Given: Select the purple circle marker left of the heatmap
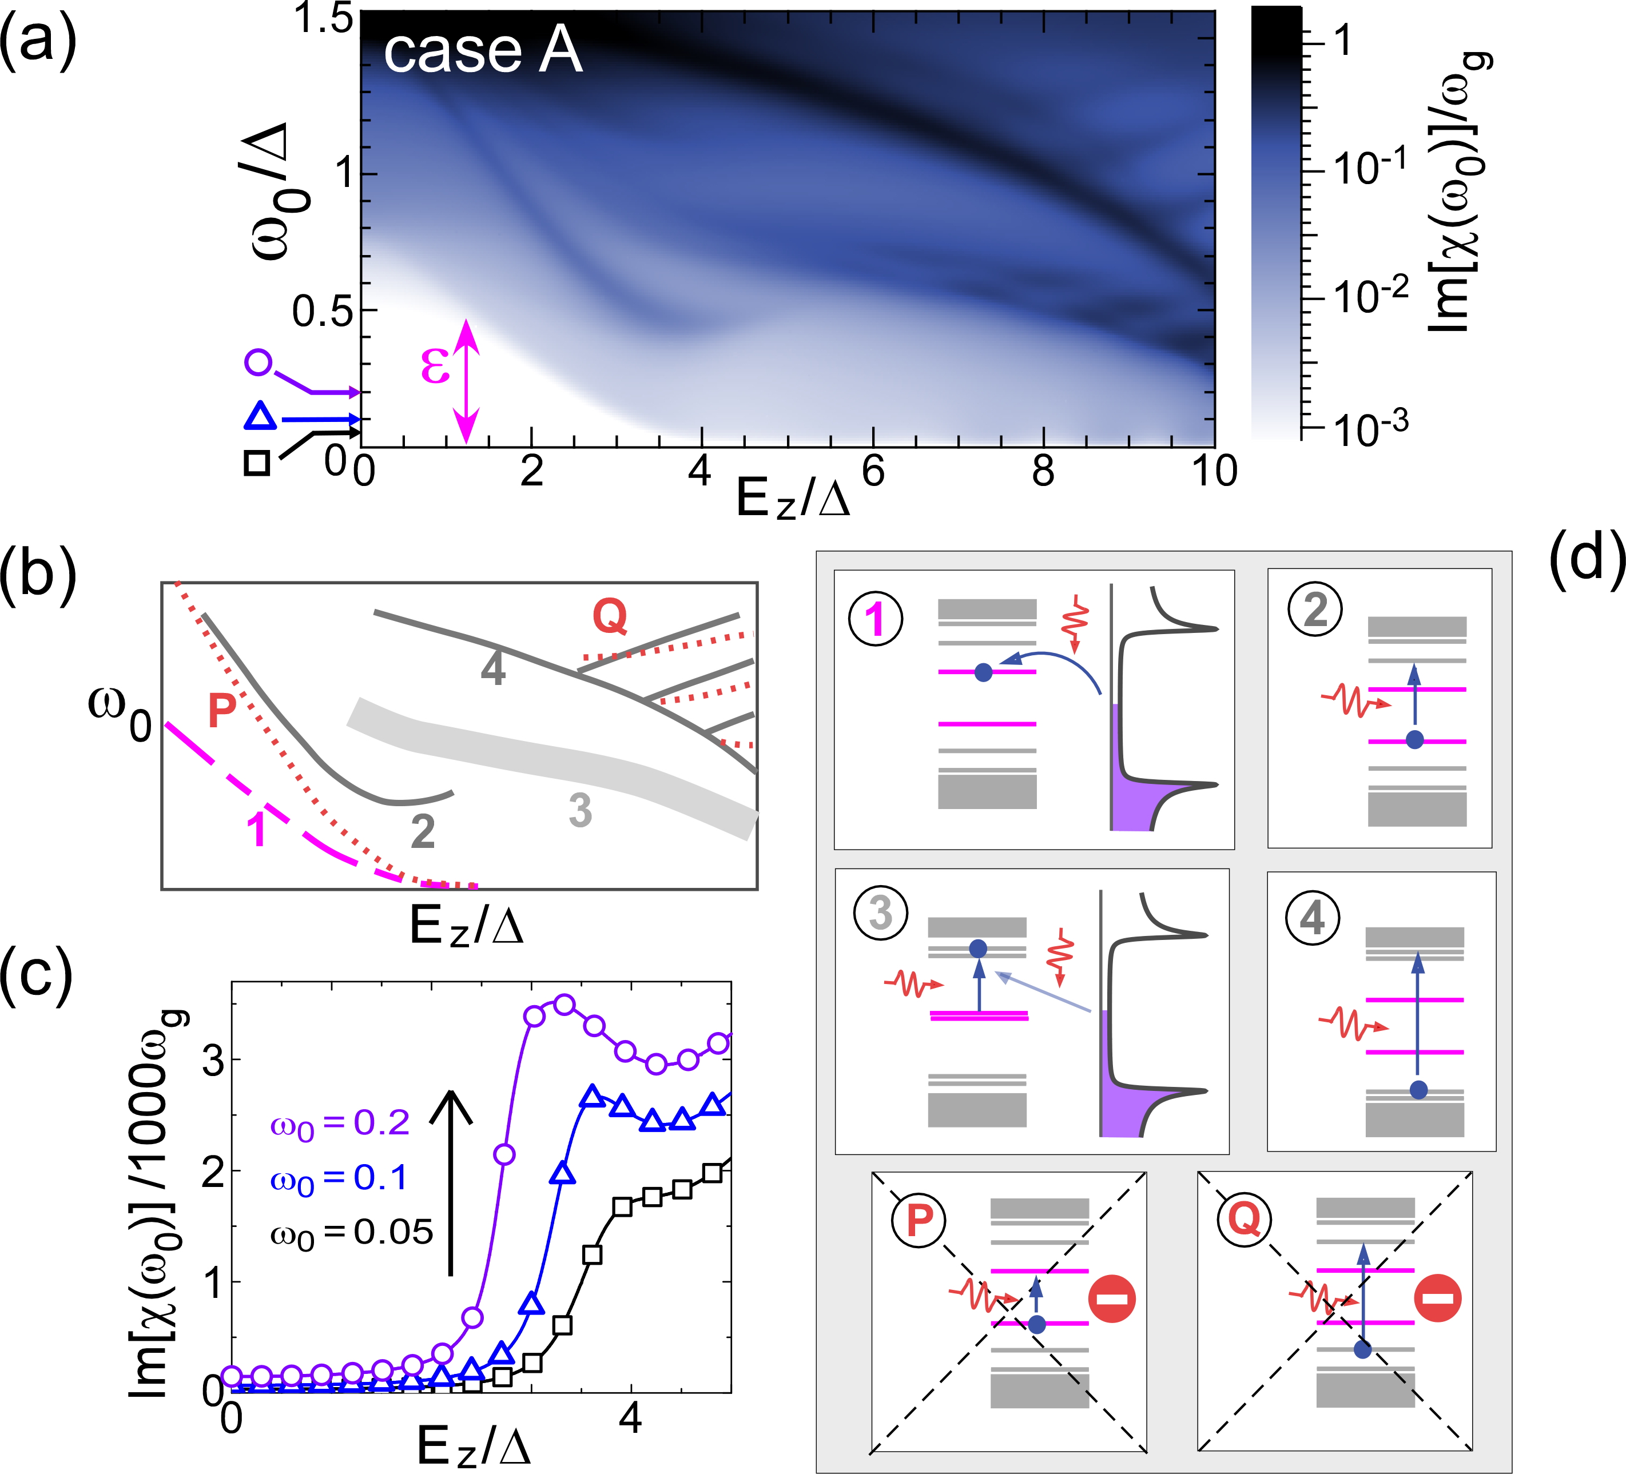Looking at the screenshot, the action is point(258,362).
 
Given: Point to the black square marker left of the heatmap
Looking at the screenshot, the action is point(256,464).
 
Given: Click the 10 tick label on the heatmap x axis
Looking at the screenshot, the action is point(1213,471).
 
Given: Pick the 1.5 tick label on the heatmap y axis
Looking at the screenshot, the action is point(323,19).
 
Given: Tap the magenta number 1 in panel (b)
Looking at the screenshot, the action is point(256,829).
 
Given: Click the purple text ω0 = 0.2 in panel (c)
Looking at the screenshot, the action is point(340,1124).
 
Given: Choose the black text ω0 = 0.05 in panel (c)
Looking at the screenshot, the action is point(352,1233).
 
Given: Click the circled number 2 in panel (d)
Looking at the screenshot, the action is point(1315,609).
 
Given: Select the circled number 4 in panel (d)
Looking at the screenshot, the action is point(1313,918).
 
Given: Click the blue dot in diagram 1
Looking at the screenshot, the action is point(983,672).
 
